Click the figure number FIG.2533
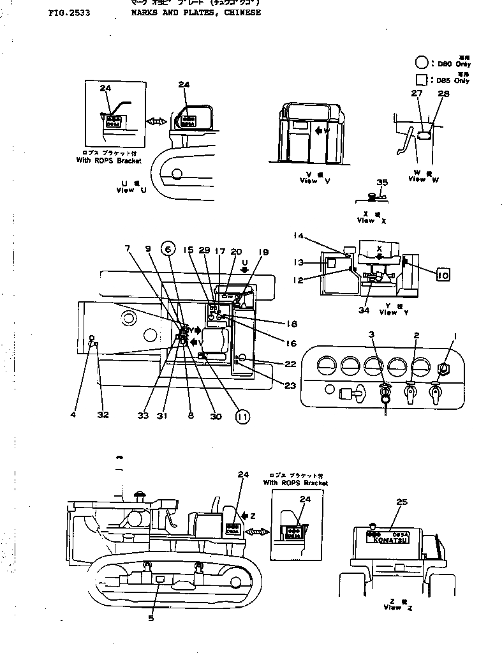pos(68,12)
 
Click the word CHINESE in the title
pos(241,12)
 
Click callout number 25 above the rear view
pos(401,502)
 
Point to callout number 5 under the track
pos(151,617)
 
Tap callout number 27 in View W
pos(417,94)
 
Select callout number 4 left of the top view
pos(73,415)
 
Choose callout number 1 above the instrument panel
pos(455,334)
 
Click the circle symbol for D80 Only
pos(421,63)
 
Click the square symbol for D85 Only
pos(421,80)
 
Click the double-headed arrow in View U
pos(156,121)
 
